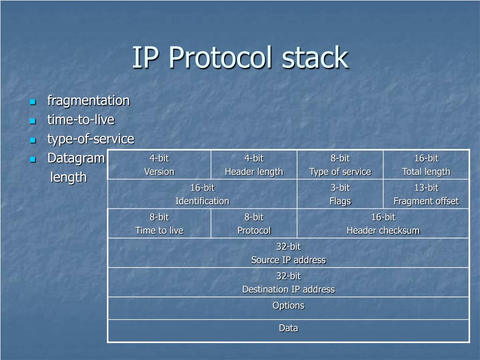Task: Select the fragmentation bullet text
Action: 88,101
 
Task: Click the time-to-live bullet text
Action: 81,120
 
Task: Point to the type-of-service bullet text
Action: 90,139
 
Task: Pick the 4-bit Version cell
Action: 159,165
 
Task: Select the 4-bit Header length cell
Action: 254,165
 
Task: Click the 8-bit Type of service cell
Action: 340,165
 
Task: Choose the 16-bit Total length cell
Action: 426,165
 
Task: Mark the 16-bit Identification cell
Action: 202,195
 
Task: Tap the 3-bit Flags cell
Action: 340,195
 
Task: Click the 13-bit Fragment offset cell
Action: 426,195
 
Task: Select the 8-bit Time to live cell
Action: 159,224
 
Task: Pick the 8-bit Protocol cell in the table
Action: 254,224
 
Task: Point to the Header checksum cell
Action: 383,224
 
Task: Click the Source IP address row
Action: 288,254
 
